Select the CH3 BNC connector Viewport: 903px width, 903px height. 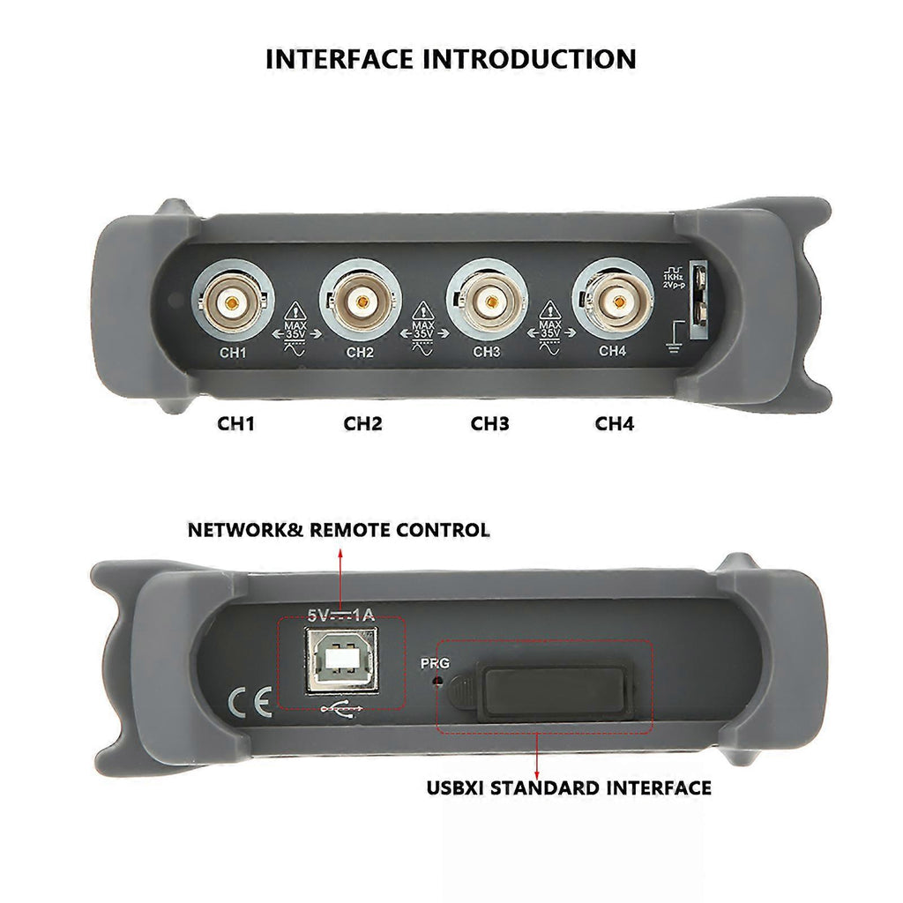488,302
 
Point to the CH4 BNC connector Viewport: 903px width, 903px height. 615,301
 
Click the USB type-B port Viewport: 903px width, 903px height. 342,660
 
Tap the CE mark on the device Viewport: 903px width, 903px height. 250,702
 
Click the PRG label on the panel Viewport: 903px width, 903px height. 435,663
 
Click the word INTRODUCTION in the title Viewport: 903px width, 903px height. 530,59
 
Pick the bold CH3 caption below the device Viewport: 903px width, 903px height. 489,424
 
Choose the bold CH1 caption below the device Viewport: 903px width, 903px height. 235,424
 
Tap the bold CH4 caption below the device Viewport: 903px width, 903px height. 615,424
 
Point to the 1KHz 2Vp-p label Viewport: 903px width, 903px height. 673,277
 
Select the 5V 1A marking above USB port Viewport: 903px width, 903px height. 341,615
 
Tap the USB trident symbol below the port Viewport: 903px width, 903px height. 341,708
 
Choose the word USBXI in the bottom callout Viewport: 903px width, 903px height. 455,787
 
